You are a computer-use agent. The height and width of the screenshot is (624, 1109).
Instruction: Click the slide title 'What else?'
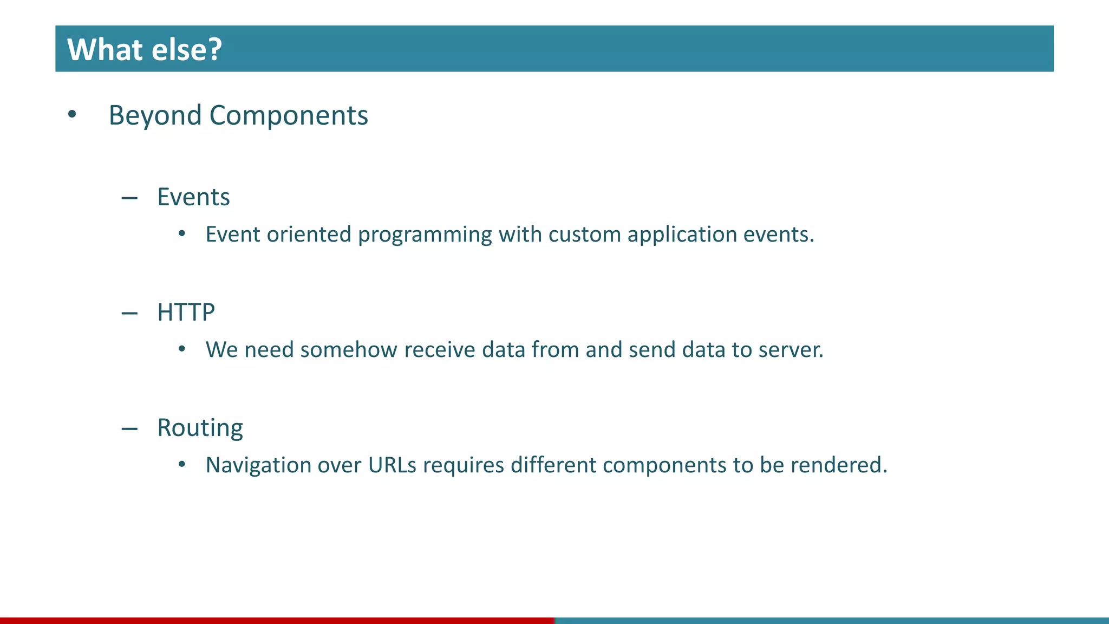145,49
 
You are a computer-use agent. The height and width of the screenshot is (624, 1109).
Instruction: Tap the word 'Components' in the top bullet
289,115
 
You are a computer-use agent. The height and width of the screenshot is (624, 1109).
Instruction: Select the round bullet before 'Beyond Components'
72,114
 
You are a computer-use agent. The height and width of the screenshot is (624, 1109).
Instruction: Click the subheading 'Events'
193,197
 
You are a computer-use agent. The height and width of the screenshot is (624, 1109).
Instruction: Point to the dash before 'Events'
129,198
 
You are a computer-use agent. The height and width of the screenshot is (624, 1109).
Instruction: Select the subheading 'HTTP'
186,312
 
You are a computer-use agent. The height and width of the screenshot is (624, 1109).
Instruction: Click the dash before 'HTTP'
129,314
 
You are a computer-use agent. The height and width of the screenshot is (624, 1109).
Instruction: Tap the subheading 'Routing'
200,428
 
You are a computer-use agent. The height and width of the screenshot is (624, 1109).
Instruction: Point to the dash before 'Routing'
129,429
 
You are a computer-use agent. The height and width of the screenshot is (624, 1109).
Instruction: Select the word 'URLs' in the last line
392,465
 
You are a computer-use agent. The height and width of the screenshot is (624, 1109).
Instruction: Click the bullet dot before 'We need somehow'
182,349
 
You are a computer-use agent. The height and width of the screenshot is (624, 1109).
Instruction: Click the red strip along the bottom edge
276,620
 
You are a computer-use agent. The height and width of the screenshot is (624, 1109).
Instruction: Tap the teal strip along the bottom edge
831,620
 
